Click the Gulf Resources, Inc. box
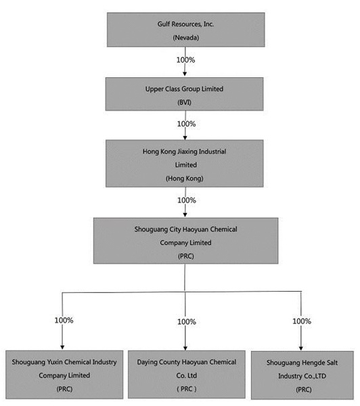coord(185,30)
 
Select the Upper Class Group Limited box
coord(185,94)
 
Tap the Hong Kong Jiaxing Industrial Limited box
coord(185,163)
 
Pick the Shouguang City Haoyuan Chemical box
coord(185,241)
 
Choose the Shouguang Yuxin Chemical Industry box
coord(64,375)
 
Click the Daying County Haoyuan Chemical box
coord(187,374)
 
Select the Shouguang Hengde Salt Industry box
coord(302,375)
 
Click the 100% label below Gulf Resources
coord(185,60)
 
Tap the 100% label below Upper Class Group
coord(187,124)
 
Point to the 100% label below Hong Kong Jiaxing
coord(187,200)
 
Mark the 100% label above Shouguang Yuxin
coord(64,320)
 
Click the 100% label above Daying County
coord(187,322)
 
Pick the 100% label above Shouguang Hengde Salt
coord(302,321)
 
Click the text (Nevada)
coord(186,38)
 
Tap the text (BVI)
coord(185,102)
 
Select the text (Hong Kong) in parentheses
coord(185,179)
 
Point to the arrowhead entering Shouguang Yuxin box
coord(62,348)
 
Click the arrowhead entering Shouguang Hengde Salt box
coord(300,348)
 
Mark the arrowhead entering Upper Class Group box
coord(185,74)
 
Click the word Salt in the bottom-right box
coord(332,363)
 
